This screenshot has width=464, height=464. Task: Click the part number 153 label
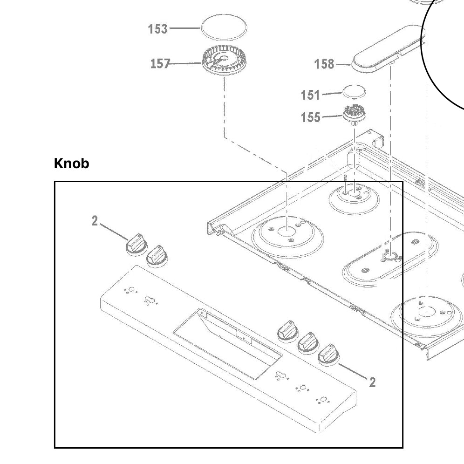(x=157, y=29)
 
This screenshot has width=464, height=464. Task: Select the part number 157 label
(x=160, y=63)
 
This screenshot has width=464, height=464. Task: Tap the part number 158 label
(x=324, y=64)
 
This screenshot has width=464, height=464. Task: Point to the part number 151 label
(x=310, y=95)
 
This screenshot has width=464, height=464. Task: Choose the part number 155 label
(x=310, y=117)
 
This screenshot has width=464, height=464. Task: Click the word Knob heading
(x=71, y=164)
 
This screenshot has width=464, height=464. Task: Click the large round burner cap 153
(x=224, y=27)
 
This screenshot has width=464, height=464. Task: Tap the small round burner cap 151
(x=355, y=91)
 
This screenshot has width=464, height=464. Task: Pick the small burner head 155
(x=354, y=114)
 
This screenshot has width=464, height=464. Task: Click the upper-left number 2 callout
(x=95, y=221)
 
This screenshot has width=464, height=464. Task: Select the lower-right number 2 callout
(x=372, y=382)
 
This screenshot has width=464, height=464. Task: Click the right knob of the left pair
(x=157, y=256)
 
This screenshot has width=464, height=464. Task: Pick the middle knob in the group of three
(x=308, y=343)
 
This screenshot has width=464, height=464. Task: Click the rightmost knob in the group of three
(x=328, y=355)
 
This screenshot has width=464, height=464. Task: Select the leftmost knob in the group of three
(x=287, y=331)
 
